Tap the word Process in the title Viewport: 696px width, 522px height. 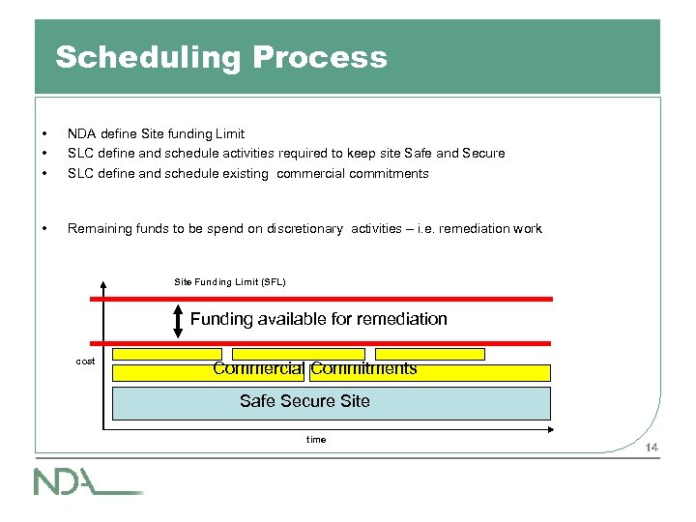pyautogui.click(x=319, y=57)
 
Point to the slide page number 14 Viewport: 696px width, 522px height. pyautogui.click(x=652, y=447)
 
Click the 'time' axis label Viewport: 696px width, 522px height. pyautogui.click(x=316, y=440)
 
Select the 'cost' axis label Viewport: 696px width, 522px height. pyautogui.click(x=86, y=362)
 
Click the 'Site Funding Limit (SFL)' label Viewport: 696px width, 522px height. pyautogui.click(x=229, y=281)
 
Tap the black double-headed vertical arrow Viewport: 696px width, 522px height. pyautogui.click(x=178, y=320)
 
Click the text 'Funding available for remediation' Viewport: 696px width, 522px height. pyautogui.click(x=318, y=319)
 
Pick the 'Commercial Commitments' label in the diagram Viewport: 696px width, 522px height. pyautogui.click(x=315, y=368)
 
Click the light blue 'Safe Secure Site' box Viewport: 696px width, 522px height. pyautogui.click(x=331, y=402)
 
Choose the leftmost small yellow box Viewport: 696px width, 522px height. pyautogui.click(x=167, y=354)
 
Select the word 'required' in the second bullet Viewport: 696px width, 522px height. pyautogui.click(x=303, y=153)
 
